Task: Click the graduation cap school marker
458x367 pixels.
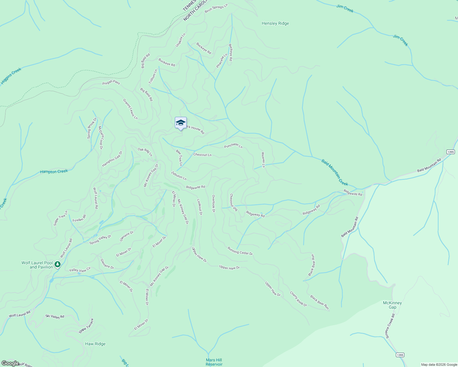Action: pyautogui.click(x=181, y=123)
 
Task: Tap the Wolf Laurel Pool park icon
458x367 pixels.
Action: pyautogui.click(x=58, y=264)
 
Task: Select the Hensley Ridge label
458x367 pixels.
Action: pyautogui.click(x=275, y=23)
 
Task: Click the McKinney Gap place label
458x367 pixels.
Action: pyautogui.click(x=392, y=305)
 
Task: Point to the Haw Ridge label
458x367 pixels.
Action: pyautogui.click(x=95, y=344)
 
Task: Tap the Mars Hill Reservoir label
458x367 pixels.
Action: pyautogui.click(x=214, y=362)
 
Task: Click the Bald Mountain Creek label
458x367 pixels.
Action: pyautogui.click(x=335, y=172)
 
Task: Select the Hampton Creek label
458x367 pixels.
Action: pyautogui.click(x=54, y=172)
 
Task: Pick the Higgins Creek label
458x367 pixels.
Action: pyautogui.click(x=11, y=76)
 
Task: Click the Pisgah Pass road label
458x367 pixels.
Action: pyautogui.click(x=111, y=83)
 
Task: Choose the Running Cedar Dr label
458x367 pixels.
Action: pyautogui.click(x=240, y=251)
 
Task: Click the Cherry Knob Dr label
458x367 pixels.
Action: pyautogui.click(x=298, y=299)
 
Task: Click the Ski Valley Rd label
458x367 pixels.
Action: pyautogui.click(x=55, y=317)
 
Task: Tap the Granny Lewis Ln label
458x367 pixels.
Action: pyautogui.click(x=130, y=109)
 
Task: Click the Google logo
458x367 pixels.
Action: pyautogui.click(x=10, y=363)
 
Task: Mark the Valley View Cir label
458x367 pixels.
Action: pyautogui.click(x=80, y=270)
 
